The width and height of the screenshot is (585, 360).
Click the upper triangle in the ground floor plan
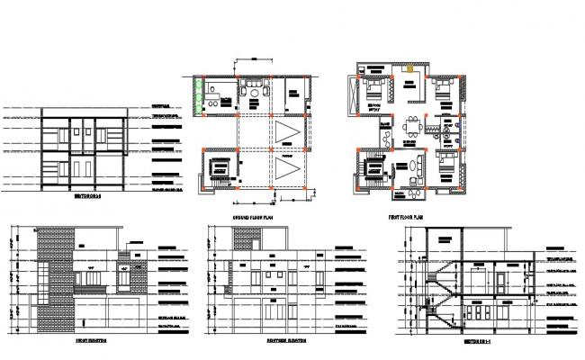click(287, 133)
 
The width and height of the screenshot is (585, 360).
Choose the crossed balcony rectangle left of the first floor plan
click(350, 94)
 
